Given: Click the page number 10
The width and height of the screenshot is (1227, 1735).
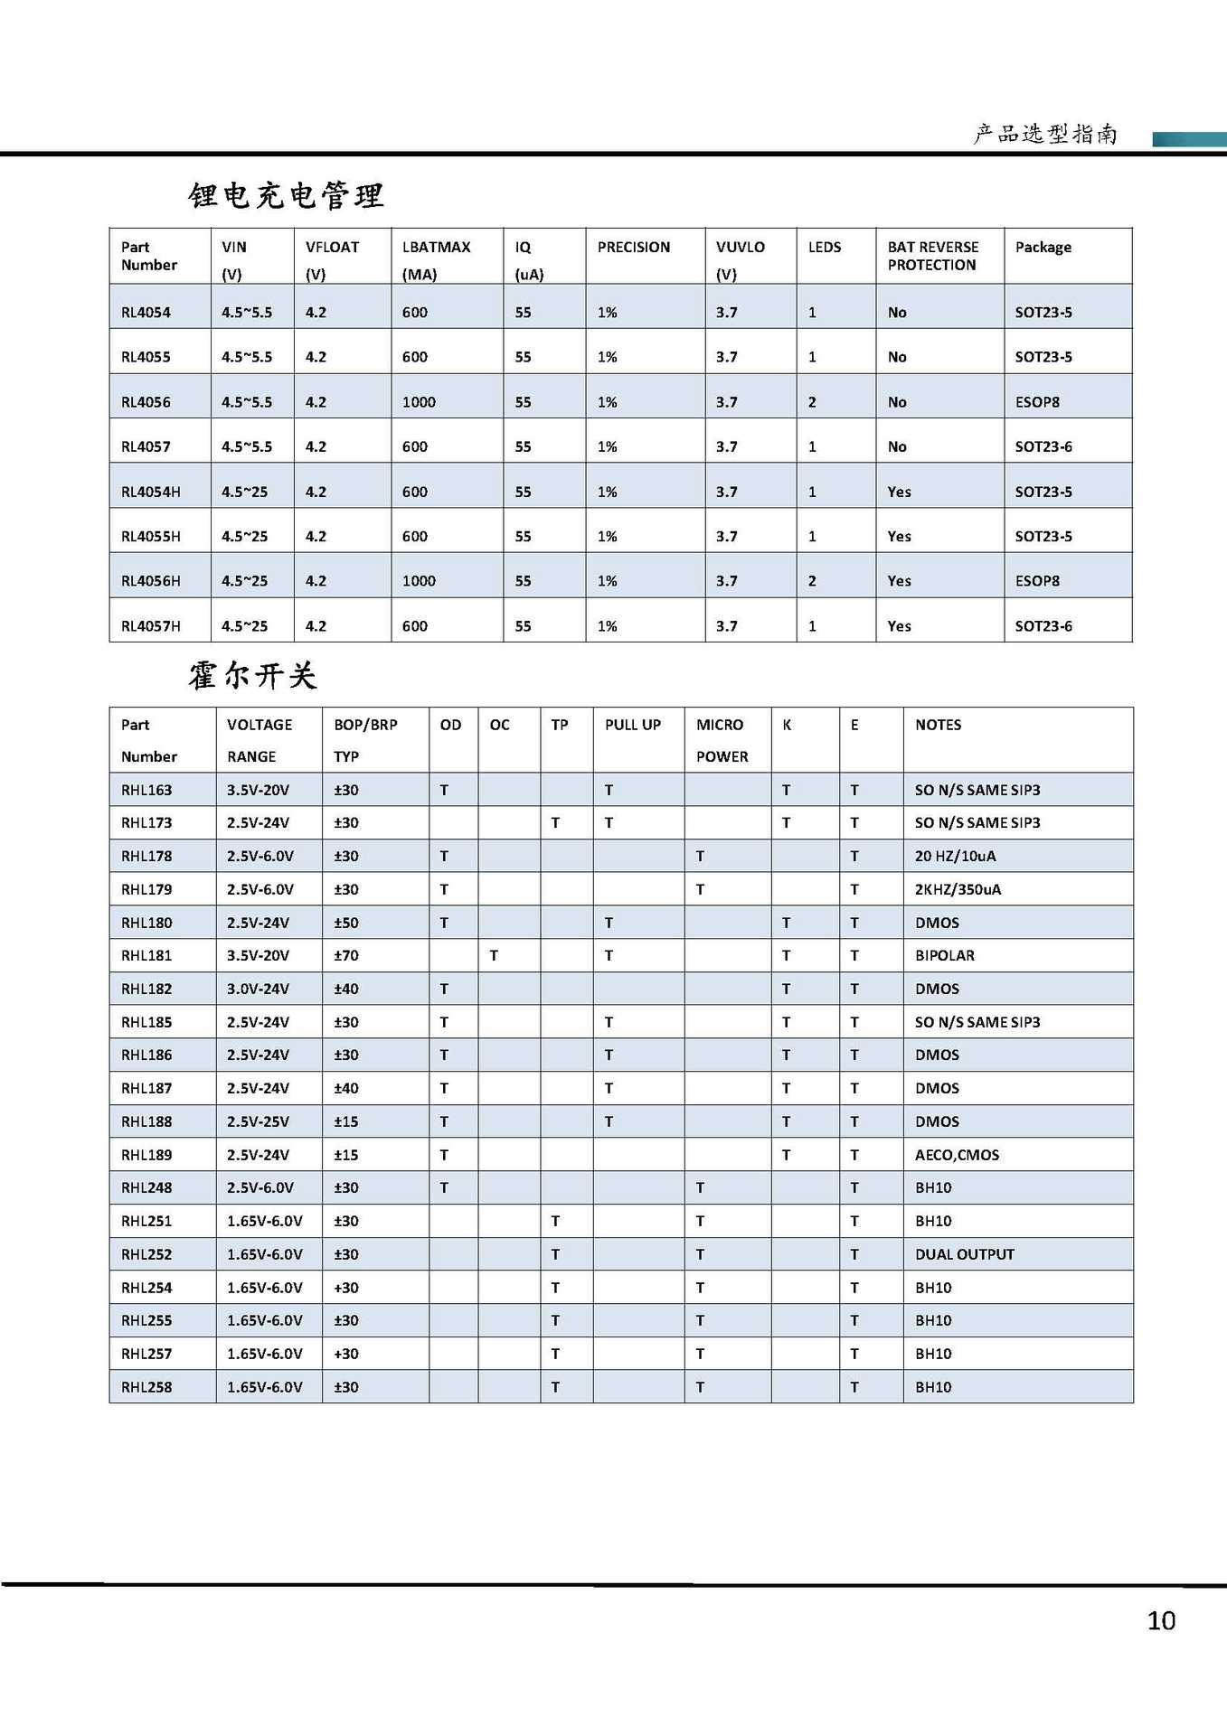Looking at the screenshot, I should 1161,1620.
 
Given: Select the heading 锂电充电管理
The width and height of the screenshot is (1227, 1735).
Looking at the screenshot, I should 286,195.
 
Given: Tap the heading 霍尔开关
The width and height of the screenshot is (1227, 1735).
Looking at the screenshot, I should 252,675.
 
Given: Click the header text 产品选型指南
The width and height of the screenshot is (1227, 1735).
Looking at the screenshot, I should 1045,135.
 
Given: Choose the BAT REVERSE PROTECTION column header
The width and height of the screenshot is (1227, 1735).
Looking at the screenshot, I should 932,256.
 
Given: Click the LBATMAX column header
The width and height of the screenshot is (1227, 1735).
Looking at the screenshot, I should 436,248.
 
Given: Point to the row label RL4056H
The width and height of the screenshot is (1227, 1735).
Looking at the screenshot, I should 150,581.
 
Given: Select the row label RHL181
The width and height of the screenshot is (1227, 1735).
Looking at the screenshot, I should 146,955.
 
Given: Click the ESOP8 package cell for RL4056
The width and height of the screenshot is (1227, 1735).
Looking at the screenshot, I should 1037,402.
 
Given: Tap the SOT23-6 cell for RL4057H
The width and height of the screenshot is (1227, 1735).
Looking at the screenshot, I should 1043,626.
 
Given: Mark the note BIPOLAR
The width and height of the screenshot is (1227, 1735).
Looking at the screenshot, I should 944,955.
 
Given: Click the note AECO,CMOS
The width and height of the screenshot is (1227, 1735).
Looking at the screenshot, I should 957,1155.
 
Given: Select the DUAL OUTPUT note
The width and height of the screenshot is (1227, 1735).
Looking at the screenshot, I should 964,1254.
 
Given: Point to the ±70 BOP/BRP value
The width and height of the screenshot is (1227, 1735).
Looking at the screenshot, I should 345,955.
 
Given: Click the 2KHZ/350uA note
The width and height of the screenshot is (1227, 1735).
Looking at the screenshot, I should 958,889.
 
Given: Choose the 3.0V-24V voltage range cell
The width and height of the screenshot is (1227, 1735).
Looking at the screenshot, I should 258,989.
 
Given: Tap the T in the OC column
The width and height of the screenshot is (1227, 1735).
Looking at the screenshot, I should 494,955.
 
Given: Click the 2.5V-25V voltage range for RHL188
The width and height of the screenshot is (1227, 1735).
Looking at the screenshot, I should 258,1121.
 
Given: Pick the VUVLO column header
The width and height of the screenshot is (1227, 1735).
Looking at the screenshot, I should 740,248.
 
